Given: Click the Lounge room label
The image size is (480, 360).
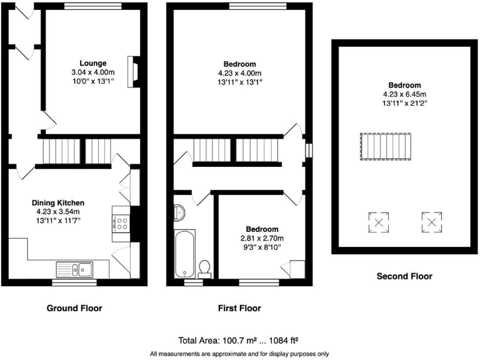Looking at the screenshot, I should click(x=92, y=63).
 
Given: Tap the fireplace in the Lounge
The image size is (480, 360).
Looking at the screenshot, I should click(x=132, y=71).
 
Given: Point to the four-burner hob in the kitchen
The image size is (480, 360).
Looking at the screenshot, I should click(x=121, y=224).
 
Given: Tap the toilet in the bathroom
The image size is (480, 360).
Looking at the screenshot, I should click(x=204, y=268).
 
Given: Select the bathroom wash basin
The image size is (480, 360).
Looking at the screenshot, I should click(x=179, y=213).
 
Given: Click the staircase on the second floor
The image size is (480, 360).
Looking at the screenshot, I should click(x=386, y=147).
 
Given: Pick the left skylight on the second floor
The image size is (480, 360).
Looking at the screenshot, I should click(x=378, y=221).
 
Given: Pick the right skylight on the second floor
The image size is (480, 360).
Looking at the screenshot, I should click(x=431, y=221).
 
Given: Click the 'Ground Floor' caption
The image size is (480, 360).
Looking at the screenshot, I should click(x=74, y=308).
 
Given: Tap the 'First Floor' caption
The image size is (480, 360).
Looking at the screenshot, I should click(x=240, y=308).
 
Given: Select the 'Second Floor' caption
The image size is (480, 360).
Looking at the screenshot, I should click(x=404, y=276).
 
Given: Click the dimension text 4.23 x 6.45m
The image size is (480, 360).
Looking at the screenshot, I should click(x=404, y=94).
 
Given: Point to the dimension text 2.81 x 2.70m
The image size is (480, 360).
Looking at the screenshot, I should click(x=262, y=238).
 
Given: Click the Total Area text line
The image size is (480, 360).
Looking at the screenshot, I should click(x=238, y=341).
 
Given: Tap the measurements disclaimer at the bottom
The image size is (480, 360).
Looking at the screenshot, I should click(x=239, y=354).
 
